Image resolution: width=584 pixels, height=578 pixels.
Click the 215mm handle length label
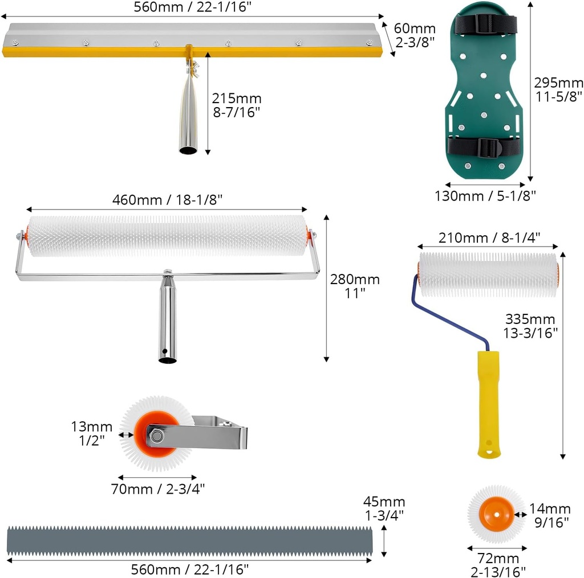point(236,105)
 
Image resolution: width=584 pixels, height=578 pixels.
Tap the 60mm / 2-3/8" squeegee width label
point(415,36)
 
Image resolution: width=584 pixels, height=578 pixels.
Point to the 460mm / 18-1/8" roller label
point(167,200)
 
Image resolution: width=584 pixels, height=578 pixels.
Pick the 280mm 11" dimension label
point(355,286)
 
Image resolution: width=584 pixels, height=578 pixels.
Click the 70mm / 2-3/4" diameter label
point(157,489)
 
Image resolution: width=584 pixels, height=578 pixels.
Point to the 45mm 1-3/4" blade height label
point(384,509)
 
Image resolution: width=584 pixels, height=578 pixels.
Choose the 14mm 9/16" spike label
point(549,515)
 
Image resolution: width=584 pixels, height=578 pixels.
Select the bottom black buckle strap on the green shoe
point(474,147)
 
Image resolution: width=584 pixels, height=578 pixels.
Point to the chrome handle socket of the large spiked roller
point(167,319)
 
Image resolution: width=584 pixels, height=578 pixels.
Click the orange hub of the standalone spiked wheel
point(496,513)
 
